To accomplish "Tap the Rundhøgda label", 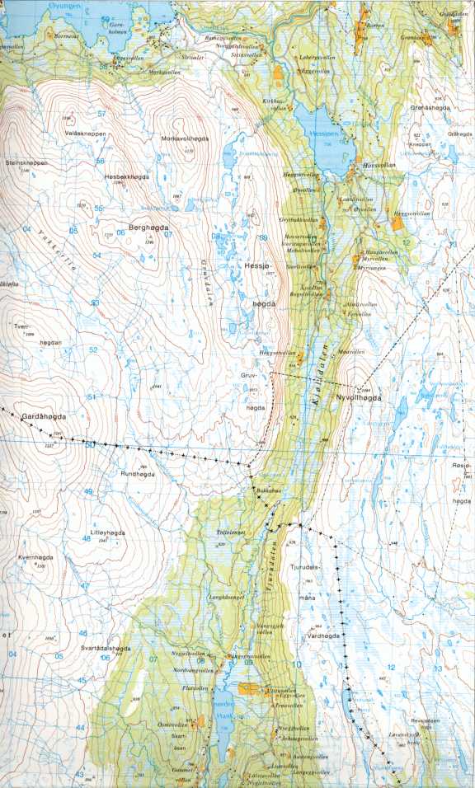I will [x=138, y=473].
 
